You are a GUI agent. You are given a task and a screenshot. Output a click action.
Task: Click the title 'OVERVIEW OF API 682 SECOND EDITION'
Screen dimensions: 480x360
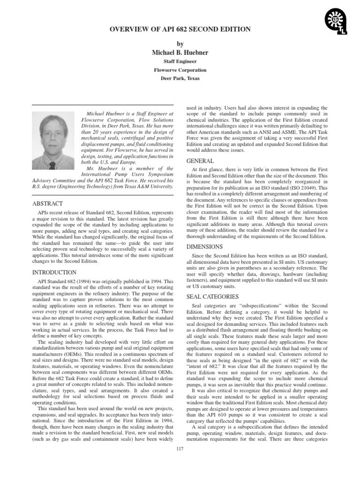tap(180, 30)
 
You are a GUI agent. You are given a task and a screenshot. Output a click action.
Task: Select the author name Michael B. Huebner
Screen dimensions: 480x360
tap(180, 52)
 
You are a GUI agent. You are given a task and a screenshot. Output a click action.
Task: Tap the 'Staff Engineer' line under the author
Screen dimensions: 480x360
tap(180, 61)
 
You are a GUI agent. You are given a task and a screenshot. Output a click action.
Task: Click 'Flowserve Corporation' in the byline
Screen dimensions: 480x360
tap(180, 70)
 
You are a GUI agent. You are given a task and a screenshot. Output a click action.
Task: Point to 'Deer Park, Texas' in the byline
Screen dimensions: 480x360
tap(180, 78)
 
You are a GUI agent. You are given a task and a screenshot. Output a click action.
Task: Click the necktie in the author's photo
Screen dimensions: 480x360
tap(52, 165)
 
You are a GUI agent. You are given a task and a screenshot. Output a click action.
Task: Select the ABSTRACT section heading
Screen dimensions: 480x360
tap(47, 204)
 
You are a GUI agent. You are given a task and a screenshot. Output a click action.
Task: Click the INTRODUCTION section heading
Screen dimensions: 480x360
tap(54, 272)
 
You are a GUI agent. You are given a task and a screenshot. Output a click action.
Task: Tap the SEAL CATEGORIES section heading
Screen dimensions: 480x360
tap(212, 297)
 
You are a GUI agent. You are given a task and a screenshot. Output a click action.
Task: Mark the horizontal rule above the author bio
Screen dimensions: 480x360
tap(103, 105)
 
